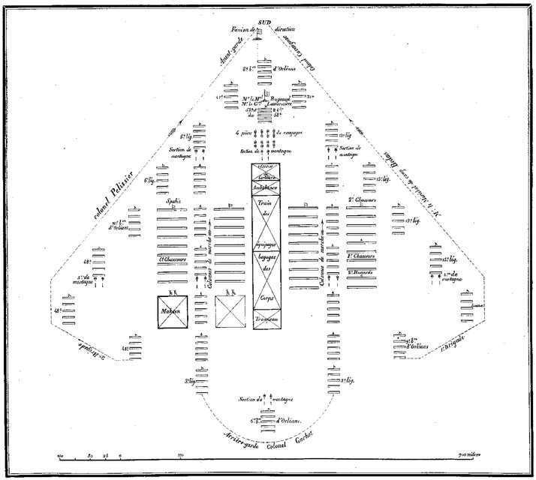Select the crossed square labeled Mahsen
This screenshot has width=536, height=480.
[172, 311]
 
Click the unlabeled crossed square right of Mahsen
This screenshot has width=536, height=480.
[230, 311]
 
